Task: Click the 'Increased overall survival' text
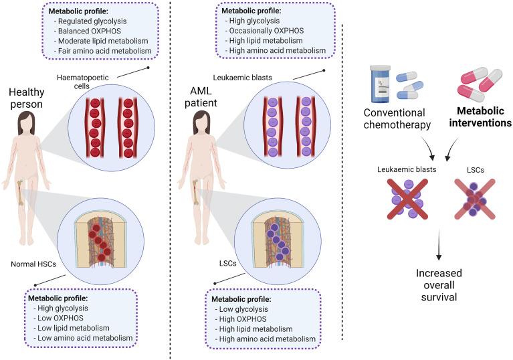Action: point(439,285)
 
